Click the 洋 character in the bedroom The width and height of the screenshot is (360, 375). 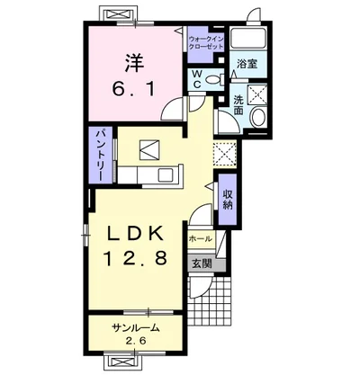[x=134, y=63]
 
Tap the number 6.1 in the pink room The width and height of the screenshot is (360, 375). [x=134, y=89]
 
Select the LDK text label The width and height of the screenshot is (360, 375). [x=135, y=234]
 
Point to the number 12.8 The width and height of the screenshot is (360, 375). [x=135, y=258]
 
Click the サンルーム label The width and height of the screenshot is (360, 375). [x=135, y=328]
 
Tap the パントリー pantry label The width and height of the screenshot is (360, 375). [x=100, y=156]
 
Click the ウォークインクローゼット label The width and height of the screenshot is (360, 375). [x=206, y=43]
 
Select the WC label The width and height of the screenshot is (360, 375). [x=197, y=79]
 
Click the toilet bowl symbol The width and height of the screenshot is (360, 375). [x=215, y=79]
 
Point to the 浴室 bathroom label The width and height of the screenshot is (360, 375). [x=247, y=64]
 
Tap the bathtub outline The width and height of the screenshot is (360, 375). [x=247, y=38]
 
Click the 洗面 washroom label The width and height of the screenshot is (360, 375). [x=238, y=105]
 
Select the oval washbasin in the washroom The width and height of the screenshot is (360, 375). [x=258, y=117]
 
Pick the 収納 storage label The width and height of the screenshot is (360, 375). [x=228, y=200]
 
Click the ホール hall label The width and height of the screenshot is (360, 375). [x=201, y=239]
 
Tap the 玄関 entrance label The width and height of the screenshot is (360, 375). [x=202, y=263]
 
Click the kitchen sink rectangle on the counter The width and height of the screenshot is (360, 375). [x=167, y=174]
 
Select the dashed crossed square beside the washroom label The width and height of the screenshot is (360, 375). [x=257, y=94]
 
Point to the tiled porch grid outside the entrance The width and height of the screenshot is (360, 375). [x=214, y=303]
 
